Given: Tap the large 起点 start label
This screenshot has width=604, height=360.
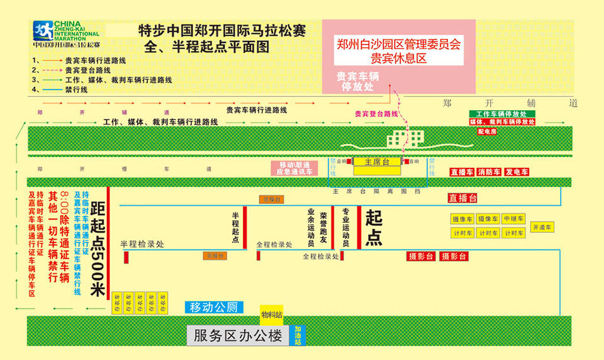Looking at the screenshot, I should (374, 228).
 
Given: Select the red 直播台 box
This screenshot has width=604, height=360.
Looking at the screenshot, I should (462, 198).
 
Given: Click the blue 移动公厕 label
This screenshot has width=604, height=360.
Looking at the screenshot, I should (214, 307).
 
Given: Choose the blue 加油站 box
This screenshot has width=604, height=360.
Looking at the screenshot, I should (298, 333).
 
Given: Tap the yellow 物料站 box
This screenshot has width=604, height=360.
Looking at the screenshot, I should (271, 312).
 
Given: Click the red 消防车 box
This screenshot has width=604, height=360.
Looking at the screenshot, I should (489, 172).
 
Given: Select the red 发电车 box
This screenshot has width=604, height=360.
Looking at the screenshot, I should (517, 172).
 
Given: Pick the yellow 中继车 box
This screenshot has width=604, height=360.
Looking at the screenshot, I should (513, 218).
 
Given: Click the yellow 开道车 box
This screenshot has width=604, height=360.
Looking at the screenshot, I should (542, 227).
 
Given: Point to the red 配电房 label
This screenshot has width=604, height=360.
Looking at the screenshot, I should (487, 132).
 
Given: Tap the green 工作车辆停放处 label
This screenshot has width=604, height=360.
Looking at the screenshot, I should (501, 114).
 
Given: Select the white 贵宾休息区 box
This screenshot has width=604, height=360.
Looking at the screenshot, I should (399, 50).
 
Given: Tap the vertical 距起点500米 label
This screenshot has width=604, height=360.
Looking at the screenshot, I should (97, 250).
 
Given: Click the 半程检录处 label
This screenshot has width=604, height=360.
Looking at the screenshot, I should (142, 243).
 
